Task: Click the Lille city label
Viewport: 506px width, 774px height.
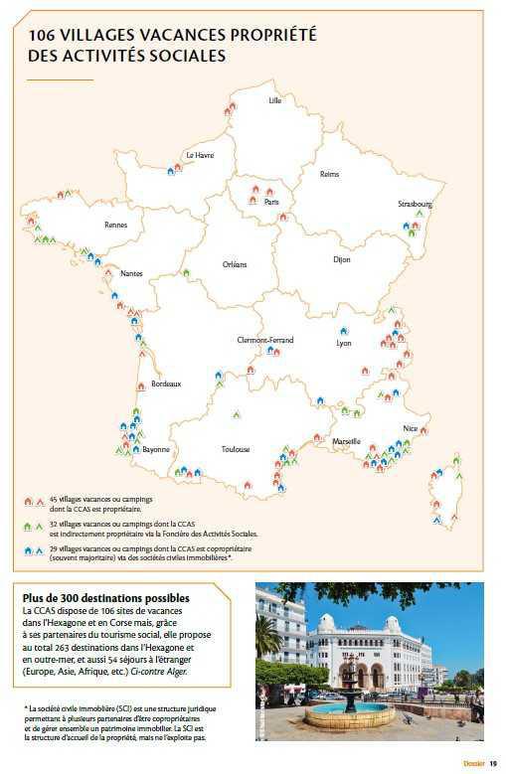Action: (x=275, y=101)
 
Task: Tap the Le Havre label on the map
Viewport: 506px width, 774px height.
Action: (x=199, y=156)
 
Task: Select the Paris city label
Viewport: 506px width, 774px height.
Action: (x=271, y=202)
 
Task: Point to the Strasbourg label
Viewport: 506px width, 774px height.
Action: (x=415, y=204)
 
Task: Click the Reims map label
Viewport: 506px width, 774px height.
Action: (x=329, y=174)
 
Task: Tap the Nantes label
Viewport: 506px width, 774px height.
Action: (x=131, y=273)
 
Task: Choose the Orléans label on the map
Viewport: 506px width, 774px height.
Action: (x=234, y=264)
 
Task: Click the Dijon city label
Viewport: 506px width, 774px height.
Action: (x=341, y=260)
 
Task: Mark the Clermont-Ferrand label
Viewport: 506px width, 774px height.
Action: (x=264, y=340)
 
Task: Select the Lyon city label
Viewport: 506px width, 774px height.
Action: (x=344, y=343)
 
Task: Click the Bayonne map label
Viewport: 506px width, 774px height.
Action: (x=156, y=449)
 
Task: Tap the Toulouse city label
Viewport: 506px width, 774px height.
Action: (x=236, y=449)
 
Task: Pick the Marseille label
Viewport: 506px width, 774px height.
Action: (x=347, y=441)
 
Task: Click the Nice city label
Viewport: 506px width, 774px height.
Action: (x=410, y=429)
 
